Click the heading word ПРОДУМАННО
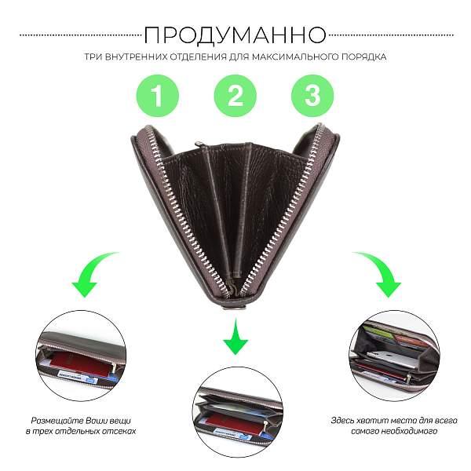[x=235, y=35]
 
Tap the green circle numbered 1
[x=158, y=96]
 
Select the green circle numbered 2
[x=235, y=96]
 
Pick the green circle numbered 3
[x=312, y=96]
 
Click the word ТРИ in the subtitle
[x=93, y=57]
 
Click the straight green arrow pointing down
[x=235, y=338]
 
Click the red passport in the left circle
[x=81, y=364]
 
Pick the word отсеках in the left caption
[x=119, y=431]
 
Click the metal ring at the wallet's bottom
[x=235, y=308]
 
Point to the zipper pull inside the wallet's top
[x=199, y=144]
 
